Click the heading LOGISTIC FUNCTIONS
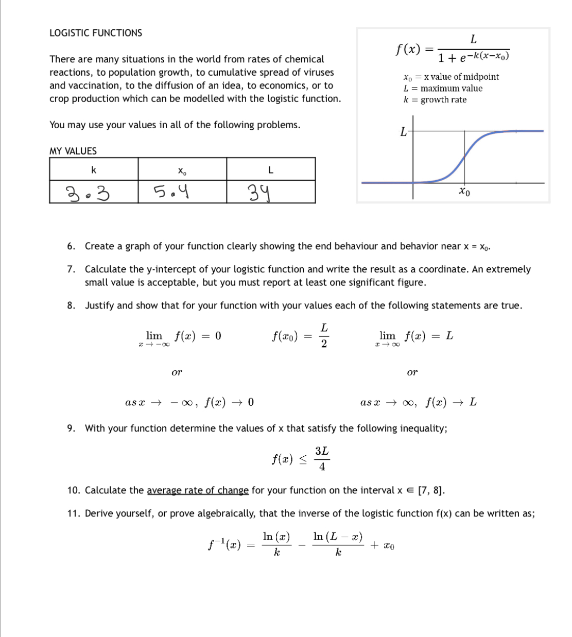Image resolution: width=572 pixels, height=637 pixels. [96, 33]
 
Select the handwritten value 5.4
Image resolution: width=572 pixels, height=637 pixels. [171, 193]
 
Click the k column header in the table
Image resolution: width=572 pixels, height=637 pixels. [94, 170]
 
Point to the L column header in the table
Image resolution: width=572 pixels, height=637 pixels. [271, 170]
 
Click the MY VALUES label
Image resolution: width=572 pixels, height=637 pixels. [73, 151]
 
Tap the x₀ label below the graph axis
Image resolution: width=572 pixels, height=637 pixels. [464, 192]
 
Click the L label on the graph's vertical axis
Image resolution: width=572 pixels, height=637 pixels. [403, 132]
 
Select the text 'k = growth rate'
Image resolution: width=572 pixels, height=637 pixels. [435, 100]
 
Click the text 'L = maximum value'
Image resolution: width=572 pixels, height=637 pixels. [443, 88]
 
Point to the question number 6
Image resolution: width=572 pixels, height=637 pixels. [71, 246]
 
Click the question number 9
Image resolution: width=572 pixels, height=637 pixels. [71, 428]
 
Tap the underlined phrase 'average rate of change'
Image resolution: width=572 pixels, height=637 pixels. [198, 490]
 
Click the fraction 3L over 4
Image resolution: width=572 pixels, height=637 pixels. [322, 458]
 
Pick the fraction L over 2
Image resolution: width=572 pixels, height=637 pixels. [324, 336]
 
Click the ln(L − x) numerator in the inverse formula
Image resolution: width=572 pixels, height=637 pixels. [338, 537]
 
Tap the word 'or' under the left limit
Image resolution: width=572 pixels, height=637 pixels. [177, 372]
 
